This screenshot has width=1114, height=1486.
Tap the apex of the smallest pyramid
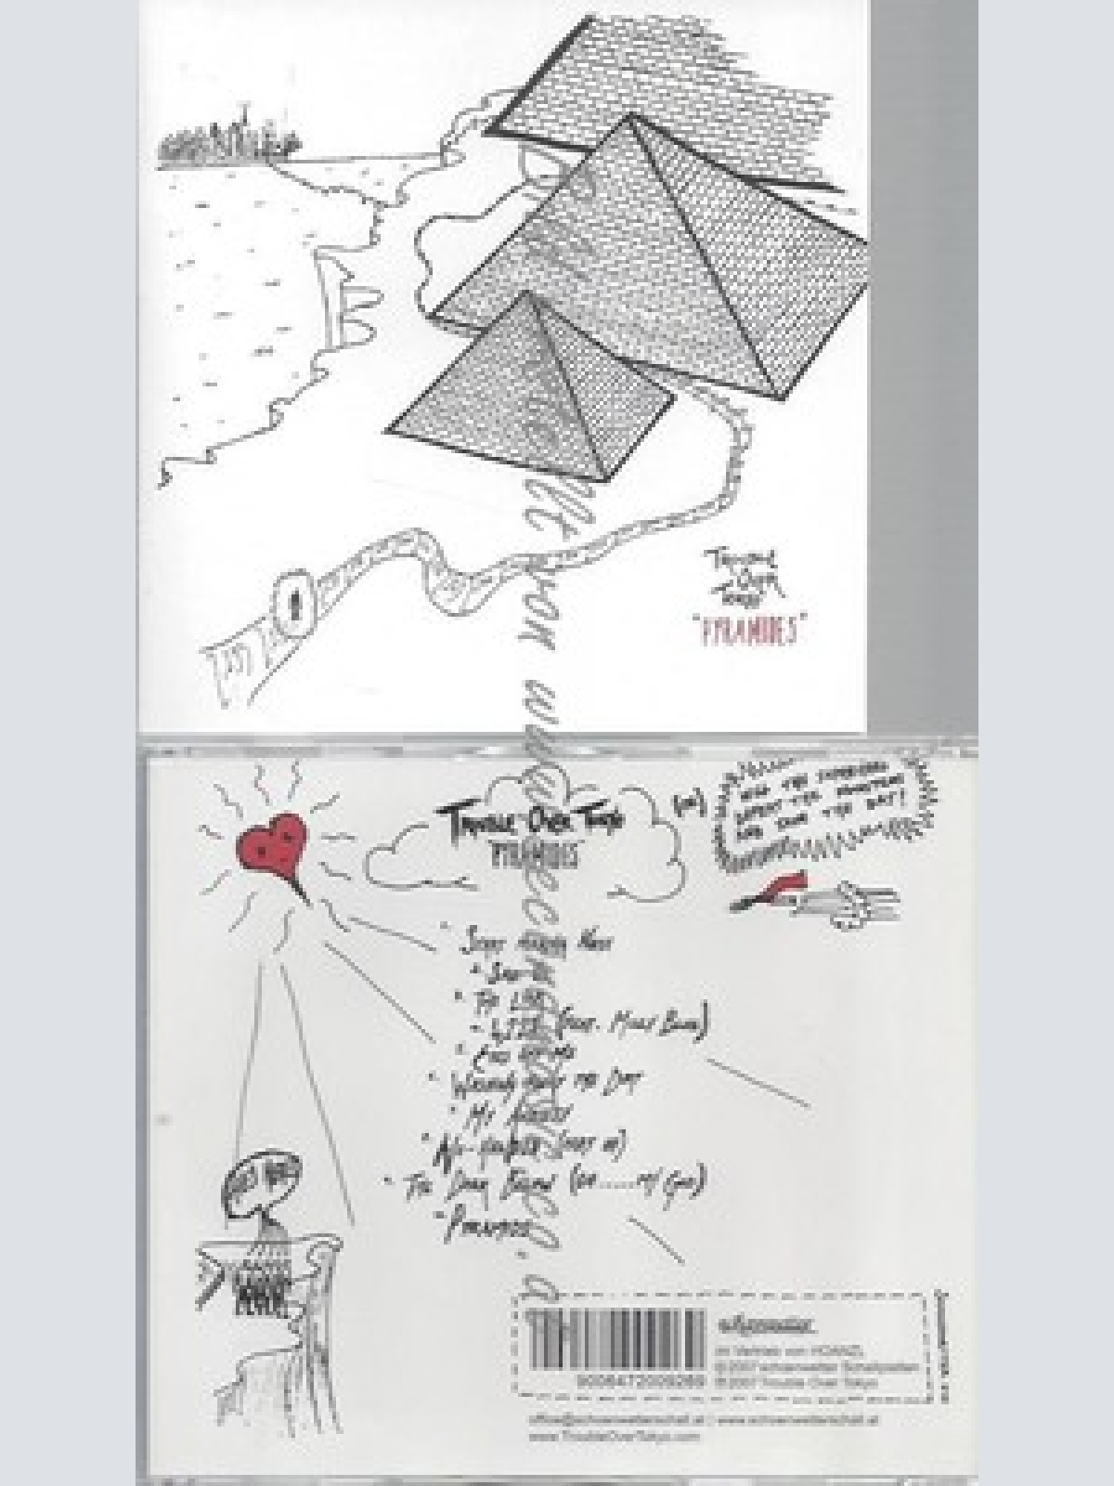point(530,295)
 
